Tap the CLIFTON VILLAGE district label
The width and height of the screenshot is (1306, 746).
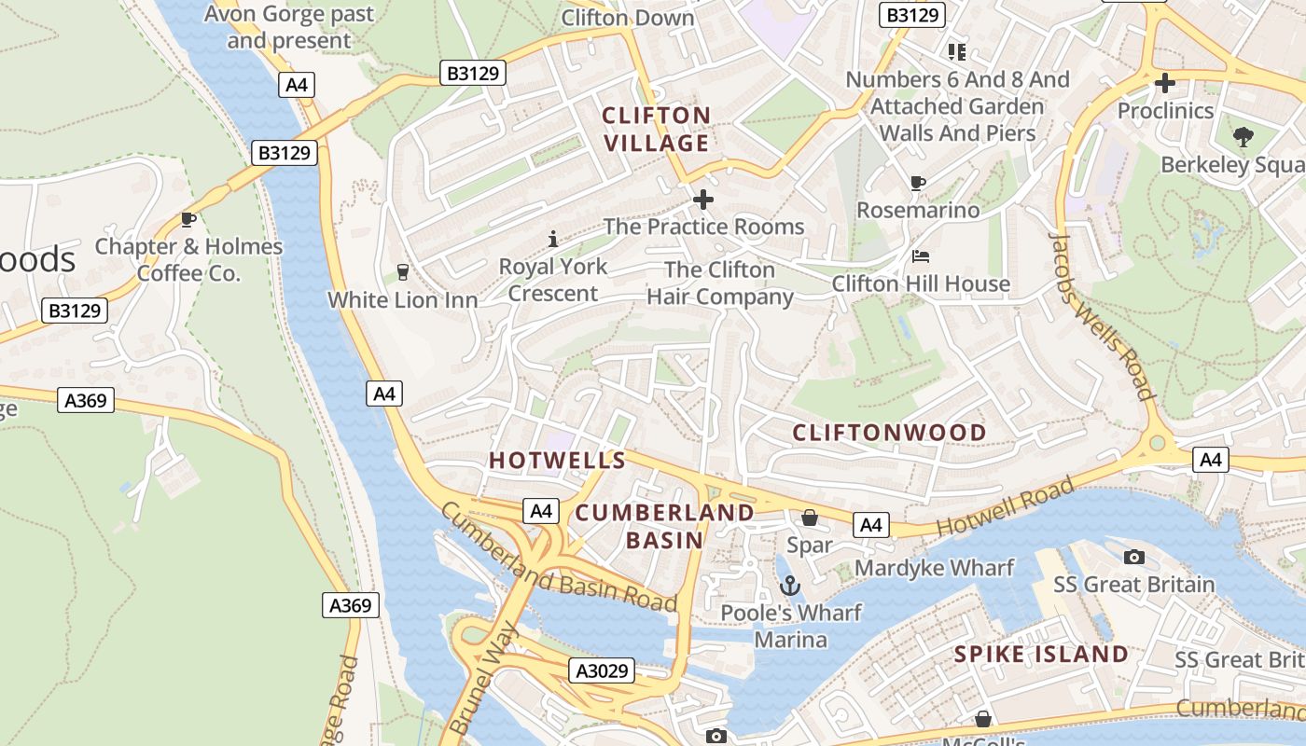656,129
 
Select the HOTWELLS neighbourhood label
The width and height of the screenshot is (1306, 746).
557,460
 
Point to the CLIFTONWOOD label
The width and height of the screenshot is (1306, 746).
889,432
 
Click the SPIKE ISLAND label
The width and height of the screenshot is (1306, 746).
1041,654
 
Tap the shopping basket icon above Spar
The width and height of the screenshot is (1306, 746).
810,518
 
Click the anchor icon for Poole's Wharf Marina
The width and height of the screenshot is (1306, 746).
790,586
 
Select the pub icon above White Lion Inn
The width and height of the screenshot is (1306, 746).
403,271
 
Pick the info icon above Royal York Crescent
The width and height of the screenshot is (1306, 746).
553,239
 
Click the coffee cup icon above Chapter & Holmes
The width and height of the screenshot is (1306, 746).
188,219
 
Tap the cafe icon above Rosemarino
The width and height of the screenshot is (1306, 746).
918,183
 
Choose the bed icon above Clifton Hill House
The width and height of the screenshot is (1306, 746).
921,256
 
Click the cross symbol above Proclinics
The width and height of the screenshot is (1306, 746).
1164,83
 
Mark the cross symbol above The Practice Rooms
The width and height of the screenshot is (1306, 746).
703,199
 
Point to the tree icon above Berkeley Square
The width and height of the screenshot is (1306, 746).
1243,137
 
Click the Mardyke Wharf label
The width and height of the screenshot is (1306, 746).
934,568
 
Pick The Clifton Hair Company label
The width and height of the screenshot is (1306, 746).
719,283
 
